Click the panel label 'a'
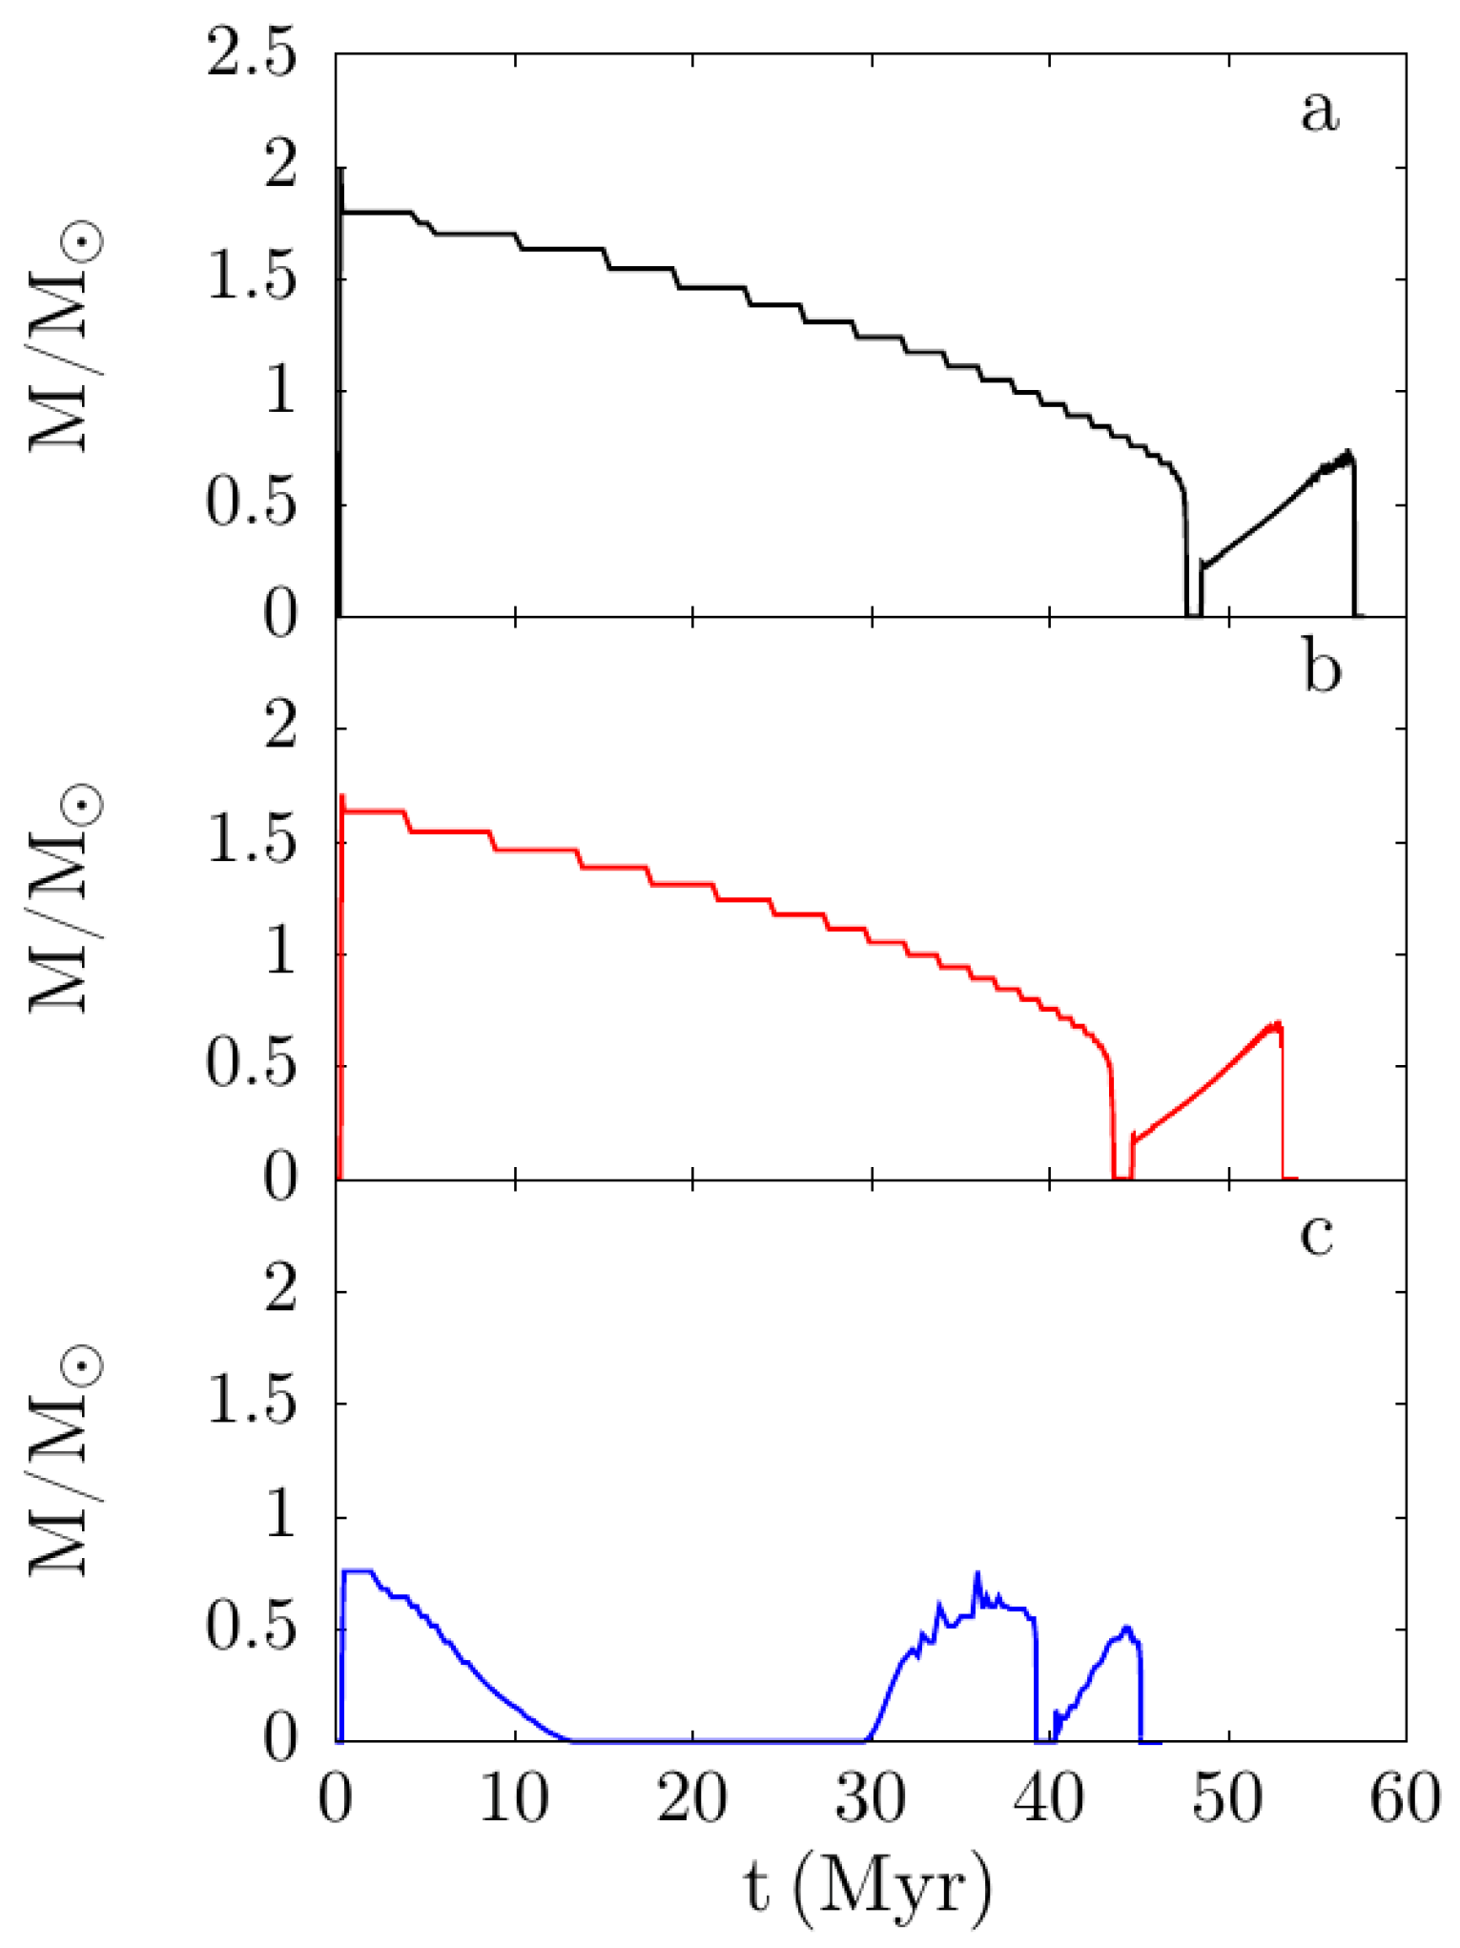click(1320, 113)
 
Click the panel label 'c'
click(1317, 1236)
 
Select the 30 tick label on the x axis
click(872, 1801)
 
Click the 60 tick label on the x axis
click(1405, 1801)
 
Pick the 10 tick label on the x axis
click(515, 1801)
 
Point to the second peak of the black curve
click(1347, 452)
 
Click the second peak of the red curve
click(1277, 1024)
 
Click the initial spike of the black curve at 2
click(340, 170)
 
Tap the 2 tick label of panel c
click(279, 1293)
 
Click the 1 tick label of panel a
click(279, 392)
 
